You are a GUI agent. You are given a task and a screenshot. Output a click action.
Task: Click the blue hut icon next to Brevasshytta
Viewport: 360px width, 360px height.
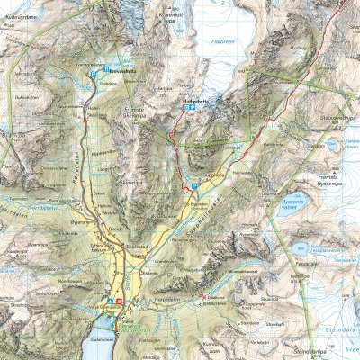pos(105,68)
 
